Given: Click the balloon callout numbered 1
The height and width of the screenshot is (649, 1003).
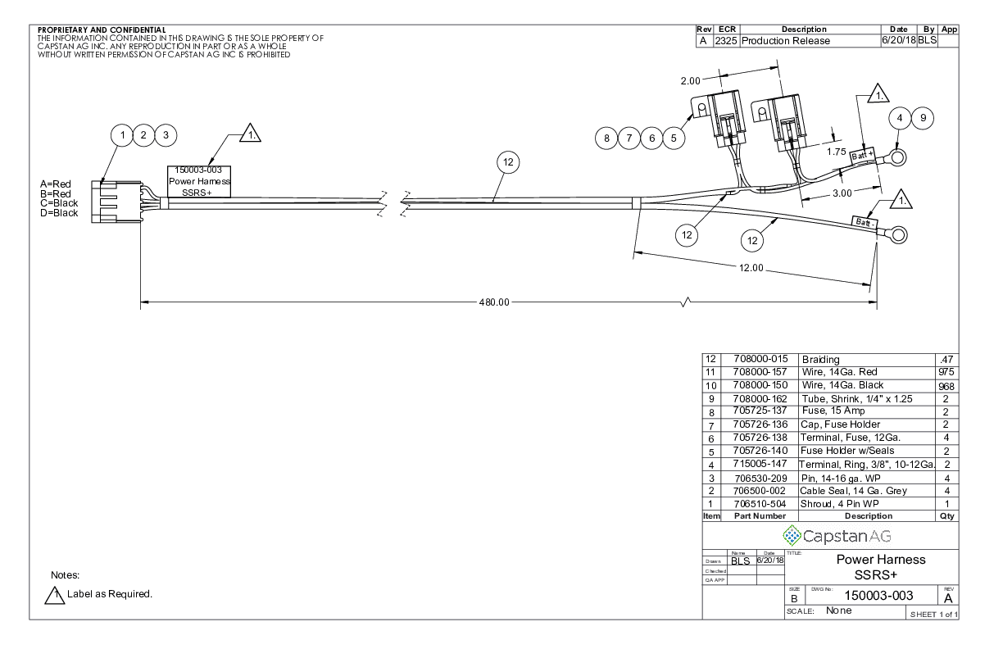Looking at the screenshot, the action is click(x=122, y=135).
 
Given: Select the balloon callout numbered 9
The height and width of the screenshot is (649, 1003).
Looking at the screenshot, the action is click(x=923, y=118).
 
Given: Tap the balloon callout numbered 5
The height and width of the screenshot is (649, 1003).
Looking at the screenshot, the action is click(x=674, y=138).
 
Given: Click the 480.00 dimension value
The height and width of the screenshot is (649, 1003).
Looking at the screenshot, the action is click(x=494, y=302).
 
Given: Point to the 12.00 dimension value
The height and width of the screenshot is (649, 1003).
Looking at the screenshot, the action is click(x=751, y=268).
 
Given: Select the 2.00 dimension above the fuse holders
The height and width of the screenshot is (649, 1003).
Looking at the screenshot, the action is click(x=690, y=81).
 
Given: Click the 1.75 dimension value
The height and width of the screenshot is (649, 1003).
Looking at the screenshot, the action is click(x=836, y=152).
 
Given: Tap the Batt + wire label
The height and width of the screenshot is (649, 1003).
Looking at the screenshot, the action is click(x=862, y=156).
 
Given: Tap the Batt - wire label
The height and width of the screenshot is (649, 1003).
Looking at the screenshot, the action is click(x=865, y=222).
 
